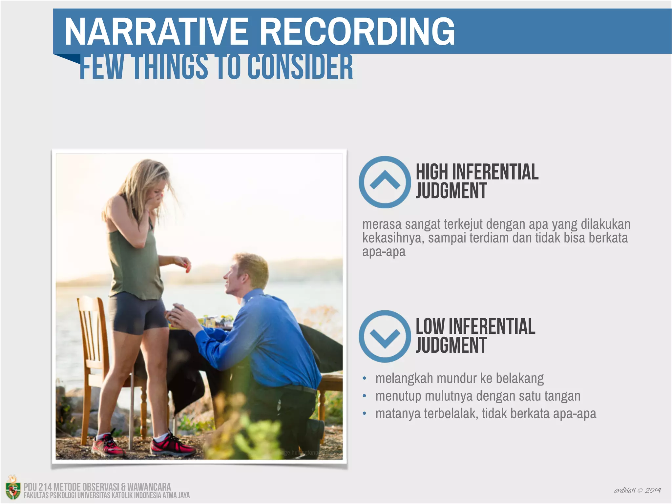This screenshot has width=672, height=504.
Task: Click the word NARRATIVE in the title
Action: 156,31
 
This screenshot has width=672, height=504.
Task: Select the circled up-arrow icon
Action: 385,182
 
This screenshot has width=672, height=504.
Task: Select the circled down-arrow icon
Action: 385,336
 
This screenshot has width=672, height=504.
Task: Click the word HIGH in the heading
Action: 432,172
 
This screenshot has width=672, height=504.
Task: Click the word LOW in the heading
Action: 430,326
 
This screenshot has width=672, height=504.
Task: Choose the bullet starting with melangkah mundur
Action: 459,378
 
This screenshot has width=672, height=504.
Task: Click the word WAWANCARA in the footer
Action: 149,487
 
